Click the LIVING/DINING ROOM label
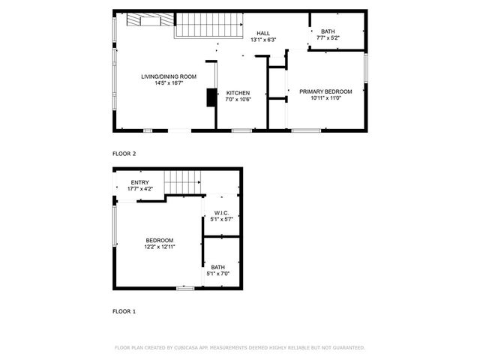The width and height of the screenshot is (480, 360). tap(169, 76)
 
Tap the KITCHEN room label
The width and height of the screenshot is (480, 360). tap(238, 93)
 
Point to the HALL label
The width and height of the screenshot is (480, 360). tap(263, 33)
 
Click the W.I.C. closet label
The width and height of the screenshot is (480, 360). tap(220, 212)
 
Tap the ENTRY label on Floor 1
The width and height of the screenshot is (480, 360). tap(139, 182)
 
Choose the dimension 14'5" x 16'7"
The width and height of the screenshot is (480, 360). tap(169, 83)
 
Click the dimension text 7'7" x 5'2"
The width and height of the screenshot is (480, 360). tap(328, 37)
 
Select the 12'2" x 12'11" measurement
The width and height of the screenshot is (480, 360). tap(160, 247)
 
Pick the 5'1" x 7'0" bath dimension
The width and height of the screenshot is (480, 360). tap(218, 274)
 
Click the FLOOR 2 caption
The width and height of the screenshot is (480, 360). tap(124, 154)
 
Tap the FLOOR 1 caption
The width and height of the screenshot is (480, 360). tap(124, 310)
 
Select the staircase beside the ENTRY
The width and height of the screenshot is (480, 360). tap(183, 181)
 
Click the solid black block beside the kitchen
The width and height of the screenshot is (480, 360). tap(211, 98)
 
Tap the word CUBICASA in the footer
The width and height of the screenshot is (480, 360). tap(192, 348)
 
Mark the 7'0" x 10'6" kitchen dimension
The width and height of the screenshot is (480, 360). tap(238, 100)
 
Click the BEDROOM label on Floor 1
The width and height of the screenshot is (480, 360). tap(160, 240)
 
